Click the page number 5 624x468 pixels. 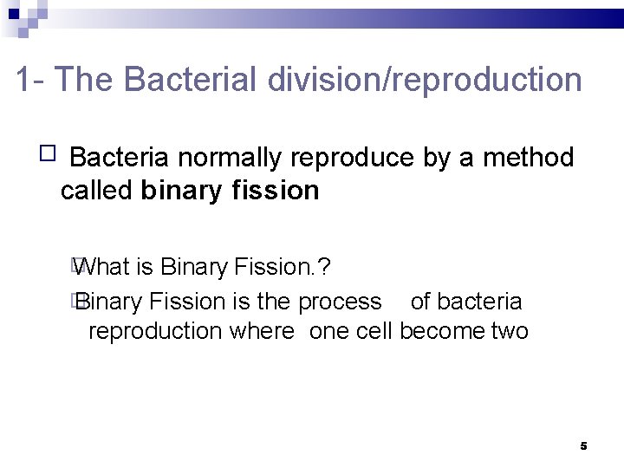coord(583,445)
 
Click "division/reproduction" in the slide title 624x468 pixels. coord(425,80)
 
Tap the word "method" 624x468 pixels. coord(528,158)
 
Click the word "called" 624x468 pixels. coord(96,190)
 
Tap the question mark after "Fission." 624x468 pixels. coord(324,267)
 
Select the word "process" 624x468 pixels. coord(340,302)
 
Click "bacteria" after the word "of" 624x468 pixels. coord(479,301)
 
